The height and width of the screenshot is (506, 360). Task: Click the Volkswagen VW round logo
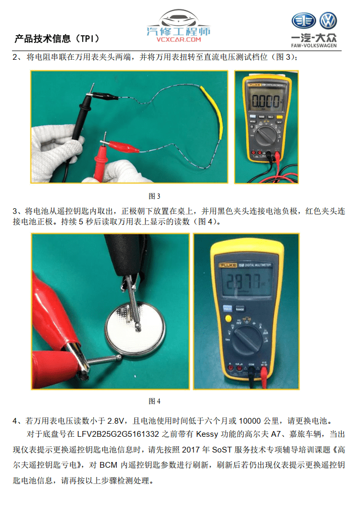coord(328,20)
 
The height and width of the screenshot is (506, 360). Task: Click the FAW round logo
coord(304,20)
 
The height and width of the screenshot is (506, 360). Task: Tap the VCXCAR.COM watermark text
coord(179,39)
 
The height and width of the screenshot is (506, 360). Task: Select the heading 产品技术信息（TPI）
coord(57,39)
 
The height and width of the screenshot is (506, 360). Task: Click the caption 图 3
coord(154,196)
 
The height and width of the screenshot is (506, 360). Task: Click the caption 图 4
coord(154,401)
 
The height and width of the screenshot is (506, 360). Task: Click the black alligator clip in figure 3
coord(103,96)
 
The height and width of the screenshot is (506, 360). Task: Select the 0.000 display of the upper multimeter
coord(266,101)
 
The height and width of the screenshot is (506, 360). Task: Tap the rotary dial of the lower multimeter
coord(247,339)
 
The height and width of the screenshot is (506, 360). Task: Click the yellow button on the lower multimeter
coord(228,319)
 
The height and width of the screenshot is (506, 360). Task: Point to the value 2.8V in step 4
coord(115,421)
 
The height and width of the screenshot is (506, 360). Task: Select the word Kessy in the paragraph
coord(207,434)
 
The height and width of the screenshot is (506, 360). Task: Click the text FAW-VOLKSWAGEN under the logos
coord(313,46)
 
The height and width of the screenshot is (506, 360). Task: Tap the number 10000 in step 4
coord(249,421)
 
